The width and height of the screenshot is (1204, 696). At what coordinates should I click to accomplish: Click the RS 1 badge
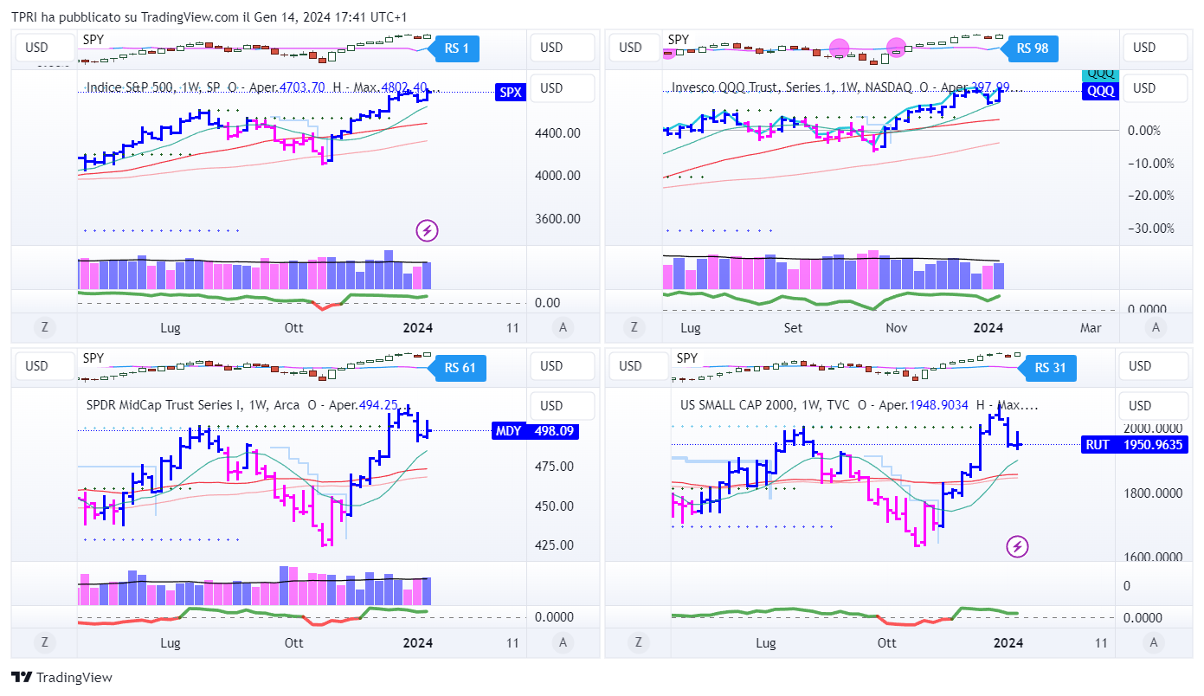click(456, 48)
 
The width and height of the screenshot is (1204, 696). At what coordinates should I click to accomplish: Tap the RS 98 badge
click(1033, 48)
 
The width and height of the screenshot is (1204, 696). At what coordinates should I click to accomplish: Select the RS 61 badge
click(460, 368)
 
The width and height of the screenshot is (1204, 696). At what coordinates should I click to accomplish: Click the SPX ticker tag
click(511, 93)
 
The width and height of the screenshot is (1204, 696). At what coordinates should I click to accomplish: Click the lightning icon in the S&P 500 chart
click(427, 230)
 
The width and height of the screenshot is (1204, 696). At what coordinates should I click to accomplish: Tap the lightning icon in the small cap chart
click(1018, 546)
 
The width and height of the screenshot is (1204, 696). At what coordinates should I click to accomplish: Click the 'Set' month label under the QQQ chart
click(793, 328)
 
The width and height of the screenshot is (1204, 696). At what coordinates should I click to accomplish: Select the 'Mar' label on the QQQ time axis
click(1091, 328)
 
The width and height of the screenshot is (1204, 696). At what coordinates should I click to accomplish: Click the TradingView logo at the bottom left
click(61, 678)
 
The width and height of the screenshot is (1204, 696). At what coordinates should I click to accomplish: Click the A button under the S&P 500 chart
click(563, 327)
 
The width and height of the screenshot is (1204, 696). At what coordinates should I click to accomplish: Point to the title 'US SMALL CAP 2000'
click(737, 405)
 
